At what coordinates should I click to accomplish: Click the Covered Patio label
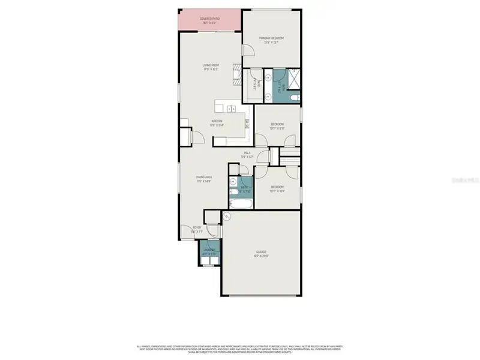tap(210, 19)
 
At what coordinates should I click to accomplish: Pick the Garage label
tap(260, 251)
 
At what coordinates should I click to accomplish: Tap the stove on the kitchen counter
tap(247, 125)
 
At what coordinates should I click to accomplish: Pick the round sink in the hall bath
tap(233, 182)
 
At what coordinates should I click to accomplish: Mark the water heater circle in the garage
tap(227, 217)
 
